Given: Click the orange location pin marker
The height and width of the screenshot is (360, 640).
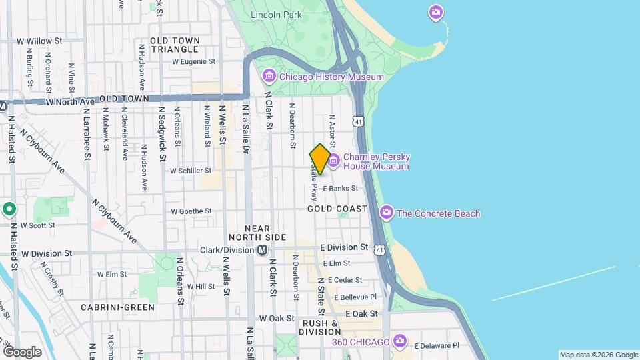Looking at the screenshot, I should (320, 159).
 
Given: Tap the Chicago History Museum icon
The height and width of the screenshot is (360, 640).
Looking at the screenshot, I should (269, 77).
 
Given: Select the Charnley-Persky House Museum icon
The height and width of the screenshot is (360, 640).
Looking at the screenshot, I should (333, 161).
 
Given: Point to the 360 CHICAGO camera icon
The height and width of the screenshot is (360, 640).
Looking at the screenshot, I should (399, 341).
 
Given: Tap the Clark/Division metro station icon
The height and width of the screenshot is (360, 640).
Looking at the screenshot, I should (263, 250).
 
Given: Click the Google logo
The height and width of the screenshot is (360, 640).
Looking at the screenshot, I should (22, 351).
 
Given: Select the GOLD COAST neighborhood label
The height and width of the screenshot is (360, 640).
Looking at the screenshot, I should (337, 209).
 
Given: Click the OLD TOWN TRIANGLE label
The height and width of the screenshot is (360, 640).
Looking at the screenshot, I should (175, 45).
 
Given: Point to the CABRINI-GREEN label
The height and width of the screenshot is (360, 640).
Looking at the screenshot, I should (117, 307).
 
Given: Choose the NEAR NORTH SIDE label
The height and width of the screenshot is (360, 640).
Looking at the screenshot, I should (257, 233).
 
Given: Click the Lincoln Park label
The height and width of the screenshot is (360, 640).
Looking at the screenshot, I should (276, 15).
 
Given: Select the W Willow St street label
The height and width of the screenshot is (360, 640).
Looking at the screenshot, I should (40, 41).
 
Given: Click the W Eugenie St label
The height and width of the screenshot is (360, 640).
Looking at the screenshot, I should (194, 61).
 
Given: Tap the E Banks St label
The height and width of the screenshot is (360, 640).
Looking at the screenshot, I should (345, 189).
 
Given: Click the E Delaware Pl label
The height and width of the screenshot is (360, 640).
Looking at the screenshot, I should (437, 345).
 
